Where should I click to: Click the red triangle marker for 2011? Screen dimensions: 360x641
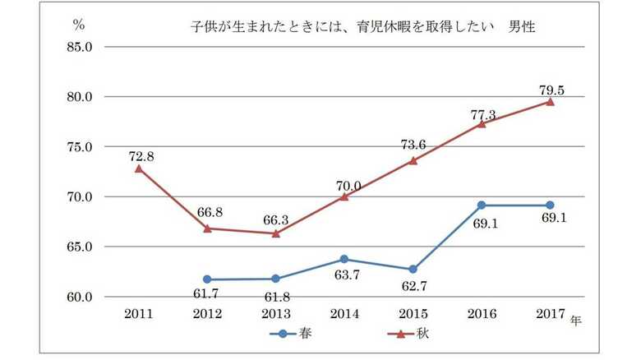[x=139, y=168]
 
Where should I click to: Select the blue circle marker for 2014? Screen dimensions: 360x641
[x=344, y=259]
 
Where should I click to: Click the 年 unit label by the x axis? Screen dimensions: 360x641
[x=576, y=321]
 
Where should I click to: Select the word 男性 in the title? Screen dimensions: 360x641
[x=521, y=28]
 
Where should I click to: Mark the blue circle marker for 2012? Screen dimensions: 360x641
[x=207, y=279]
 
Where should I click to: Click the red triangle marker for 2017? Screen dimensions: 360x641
[x=550, y=101]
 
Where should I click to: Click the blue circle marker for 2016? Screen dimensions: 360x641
[x=482, y=205]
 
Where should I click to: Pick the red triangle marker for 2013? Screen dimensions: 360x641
[x=275, y=233]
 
